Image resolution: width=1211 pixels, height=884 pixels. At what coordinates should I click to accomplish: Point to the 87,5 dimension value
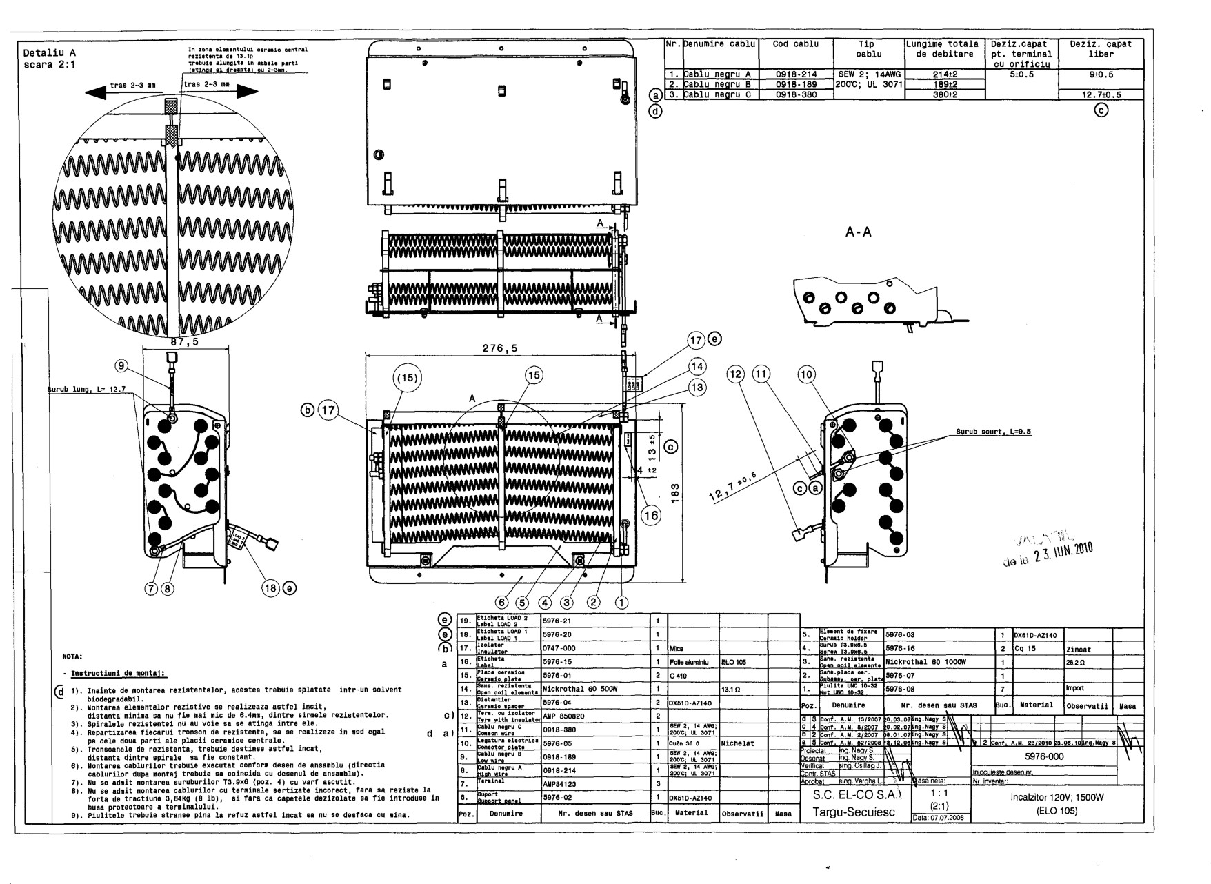tap(184, 341)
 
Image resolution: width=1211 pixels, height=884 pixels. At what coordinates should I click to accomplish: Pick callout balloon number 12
tap(736, 374)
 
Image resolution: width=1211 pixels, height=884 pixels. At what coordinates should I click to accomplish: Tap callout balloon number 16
tap(651, 514)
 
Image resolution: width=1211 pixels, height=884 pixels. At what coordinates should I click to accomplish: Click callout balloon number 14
tap(698, 365)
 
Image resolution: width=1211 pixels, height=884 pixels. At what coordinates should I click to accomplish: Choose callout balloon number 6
tap(503, 601)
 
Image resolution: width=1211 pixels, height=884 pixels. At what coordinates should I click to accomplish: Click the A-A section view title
tap(858, 232)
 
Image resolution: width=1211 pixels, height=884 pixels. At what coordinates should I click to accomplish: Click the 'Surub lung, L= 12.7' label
tap(86, 390)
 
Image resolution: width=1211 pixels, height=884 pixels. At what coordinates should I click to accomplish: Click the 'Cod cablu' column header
tap(796, 44)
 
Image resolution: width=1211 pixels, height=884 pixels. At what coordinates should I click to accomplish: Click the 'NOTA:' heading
tap(72, 656)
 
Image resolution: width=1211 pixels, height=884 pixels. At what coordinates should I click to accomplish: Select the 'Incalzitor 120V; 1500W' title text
tap(1057, 797)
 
